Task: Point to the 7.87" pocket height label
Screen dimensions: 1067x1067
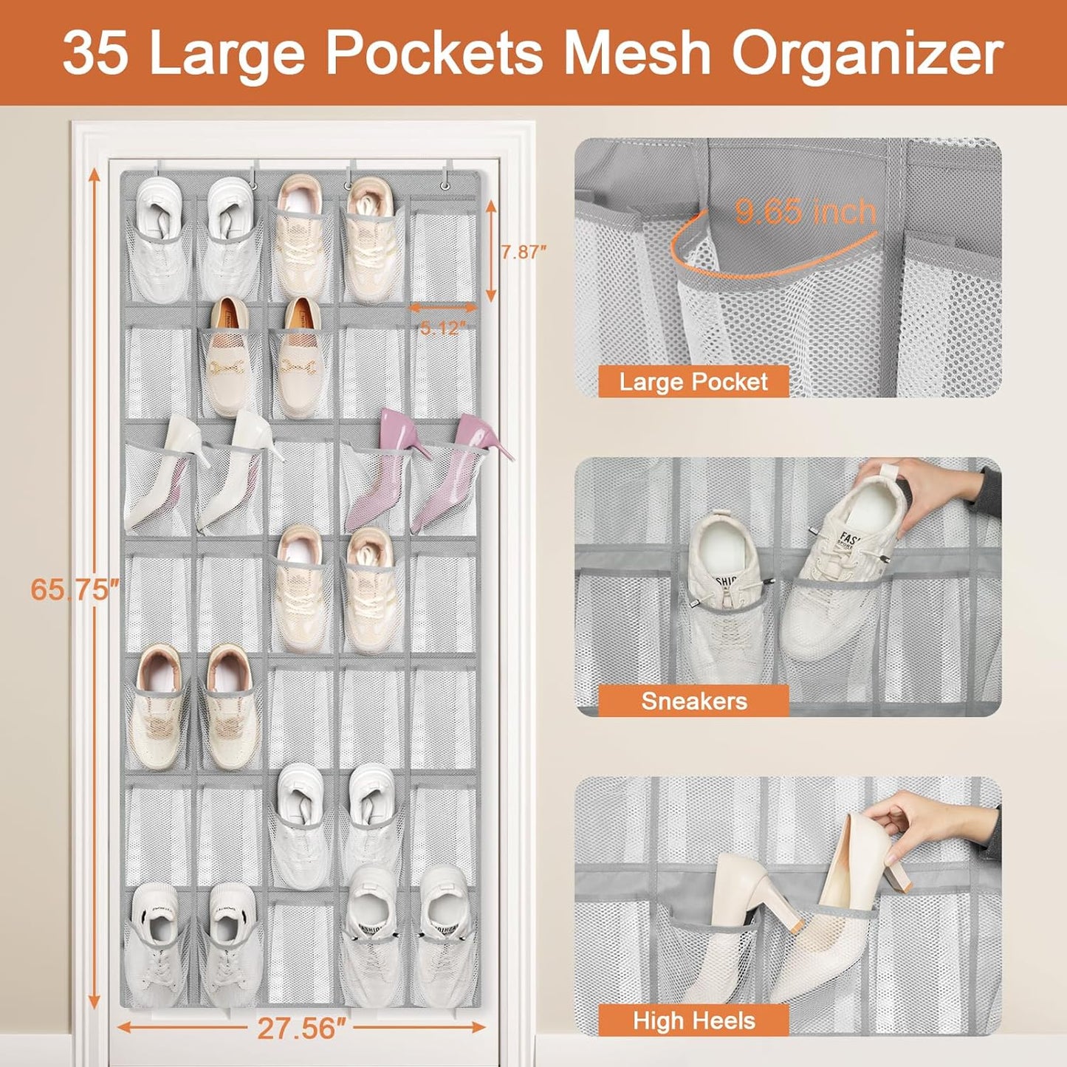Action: click(x=524, y=252)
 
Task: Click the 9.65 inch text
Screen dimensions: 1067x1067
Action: click(x=805, y=212)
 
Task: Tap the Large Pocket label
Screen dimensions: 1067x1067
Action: click(x=693, y=382)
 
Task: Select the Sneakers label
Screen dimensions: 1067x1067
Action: click(x=693, y=701)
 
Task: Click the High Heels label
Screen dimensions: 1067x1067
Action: click(x=693, y=1020)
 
